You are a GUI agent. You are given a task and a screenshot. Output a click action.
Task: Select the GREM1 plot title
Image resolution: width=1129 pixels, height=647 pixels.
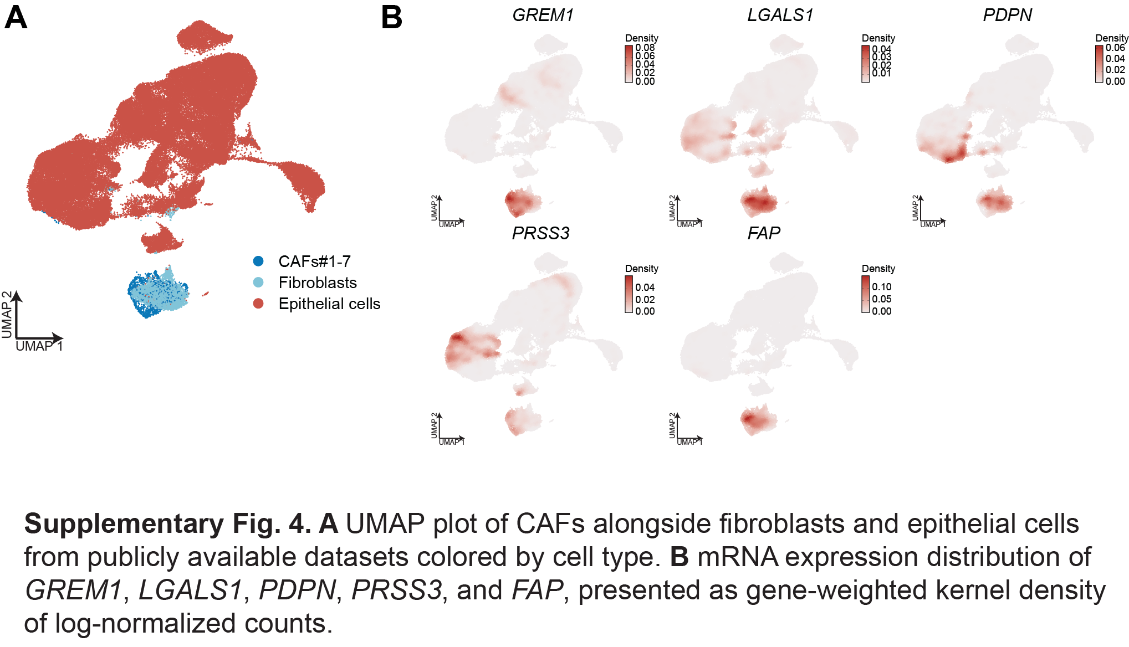[x=543, y=15]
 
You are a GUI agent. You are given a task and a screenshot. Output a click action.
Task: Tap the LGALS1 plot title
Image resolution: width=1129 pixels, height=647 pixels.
[x=780, y=15]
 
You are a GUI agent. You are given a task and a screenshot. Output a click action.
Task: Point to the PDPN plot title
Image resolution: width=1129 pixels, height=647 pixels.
[x=1007, y=15]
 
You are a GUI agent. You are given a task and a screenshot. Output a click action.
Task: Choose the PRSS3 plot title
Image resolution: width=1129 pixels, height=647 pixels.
[x=540, y=233]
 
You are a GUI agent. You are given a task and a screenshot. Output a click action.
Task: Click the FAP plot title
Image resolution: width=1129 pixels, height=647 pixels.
[x=764, y=233]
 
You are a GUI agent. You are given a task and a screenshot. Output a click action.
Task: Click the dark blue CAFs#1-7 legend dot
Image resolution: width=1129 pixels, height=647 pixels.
[x=258, y=261]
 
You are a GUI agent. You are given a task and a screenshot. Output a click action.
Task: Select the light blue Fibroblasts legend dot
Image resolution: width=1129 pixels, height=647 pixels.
[x=258, y=283]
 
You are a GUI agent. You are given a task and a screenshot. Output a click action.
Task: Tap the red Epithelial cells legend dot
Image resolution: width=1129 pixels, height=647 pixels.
[x=258, y=304]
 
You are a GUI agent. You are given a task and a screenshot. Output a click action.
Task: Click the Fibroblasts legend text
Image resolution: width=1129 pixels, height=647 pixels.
[x=318, y=283]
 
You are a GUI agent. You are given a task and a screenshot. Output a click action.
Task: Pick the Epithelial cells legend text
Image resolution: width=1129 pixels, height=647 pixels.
[x=329, y=304]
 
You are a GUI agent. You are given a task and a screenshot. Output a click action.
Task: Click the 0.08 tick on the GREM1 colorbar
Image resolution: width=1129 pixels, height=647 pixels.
[x=645, y=48]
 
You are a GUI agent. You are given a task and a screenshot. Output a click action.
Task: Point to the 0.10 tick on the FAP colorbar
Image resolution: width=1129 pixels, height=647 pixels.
[x=882, y=287]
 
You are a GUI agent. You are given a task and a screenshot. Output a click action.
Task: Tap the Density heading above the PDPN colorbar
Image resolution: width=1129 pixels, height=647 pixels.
[x=1112, y=38]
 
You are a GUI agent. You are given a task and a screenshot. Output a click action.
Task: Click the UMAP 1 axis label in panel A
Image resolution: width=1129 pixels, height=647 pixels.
[x=39, y=346]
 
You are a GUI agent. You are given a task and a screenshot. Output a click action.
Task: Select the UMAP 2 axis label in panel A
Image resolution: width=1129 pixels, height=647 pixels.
[x=7, y=314]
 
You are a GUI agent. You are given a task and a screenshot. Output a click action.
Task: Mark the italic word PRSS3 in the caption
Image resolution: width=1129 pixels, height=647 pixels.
[x=397, y=590]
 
